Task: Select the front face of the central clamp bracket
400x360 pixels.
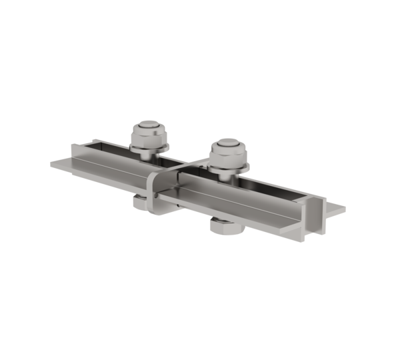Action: coord(155,193)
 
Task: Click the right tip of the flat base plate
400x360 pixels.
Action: coord(343,208)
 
